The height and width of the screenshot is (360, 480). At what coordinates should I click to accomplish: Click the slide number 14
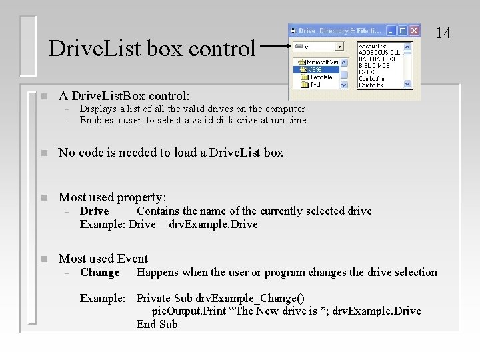[x=444, y=32]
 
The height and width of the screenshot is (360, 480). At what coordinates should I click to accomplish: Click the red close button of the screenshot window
[x=415, y=30]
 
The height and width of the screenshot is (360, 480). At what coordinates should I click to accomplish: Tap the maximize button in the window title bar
[x=403, y=30]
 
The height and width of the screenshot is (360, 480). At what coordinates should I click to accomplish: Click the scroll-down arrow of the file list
[x=408, y=85]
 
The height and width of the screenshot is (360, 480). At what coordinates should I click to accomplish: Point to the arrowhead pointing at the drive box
[x=288, y=46]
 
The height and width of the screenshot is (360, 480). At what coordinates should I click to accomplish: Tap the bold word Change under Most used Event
[x=99, y=272]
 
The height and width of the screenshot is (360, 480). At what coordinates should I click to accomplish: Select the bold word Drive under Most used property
[x=94, y=211]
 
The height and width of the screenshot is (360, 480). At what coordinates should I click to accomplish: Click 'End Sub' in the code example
[x=157, y=324]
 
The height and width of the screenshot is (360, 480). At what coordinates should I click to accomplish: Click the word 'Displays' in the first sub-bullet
[x=97, y=109]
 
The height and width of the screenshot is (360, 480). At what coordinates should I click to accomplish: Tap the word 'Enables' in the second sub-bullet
[x=96, y=120]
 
